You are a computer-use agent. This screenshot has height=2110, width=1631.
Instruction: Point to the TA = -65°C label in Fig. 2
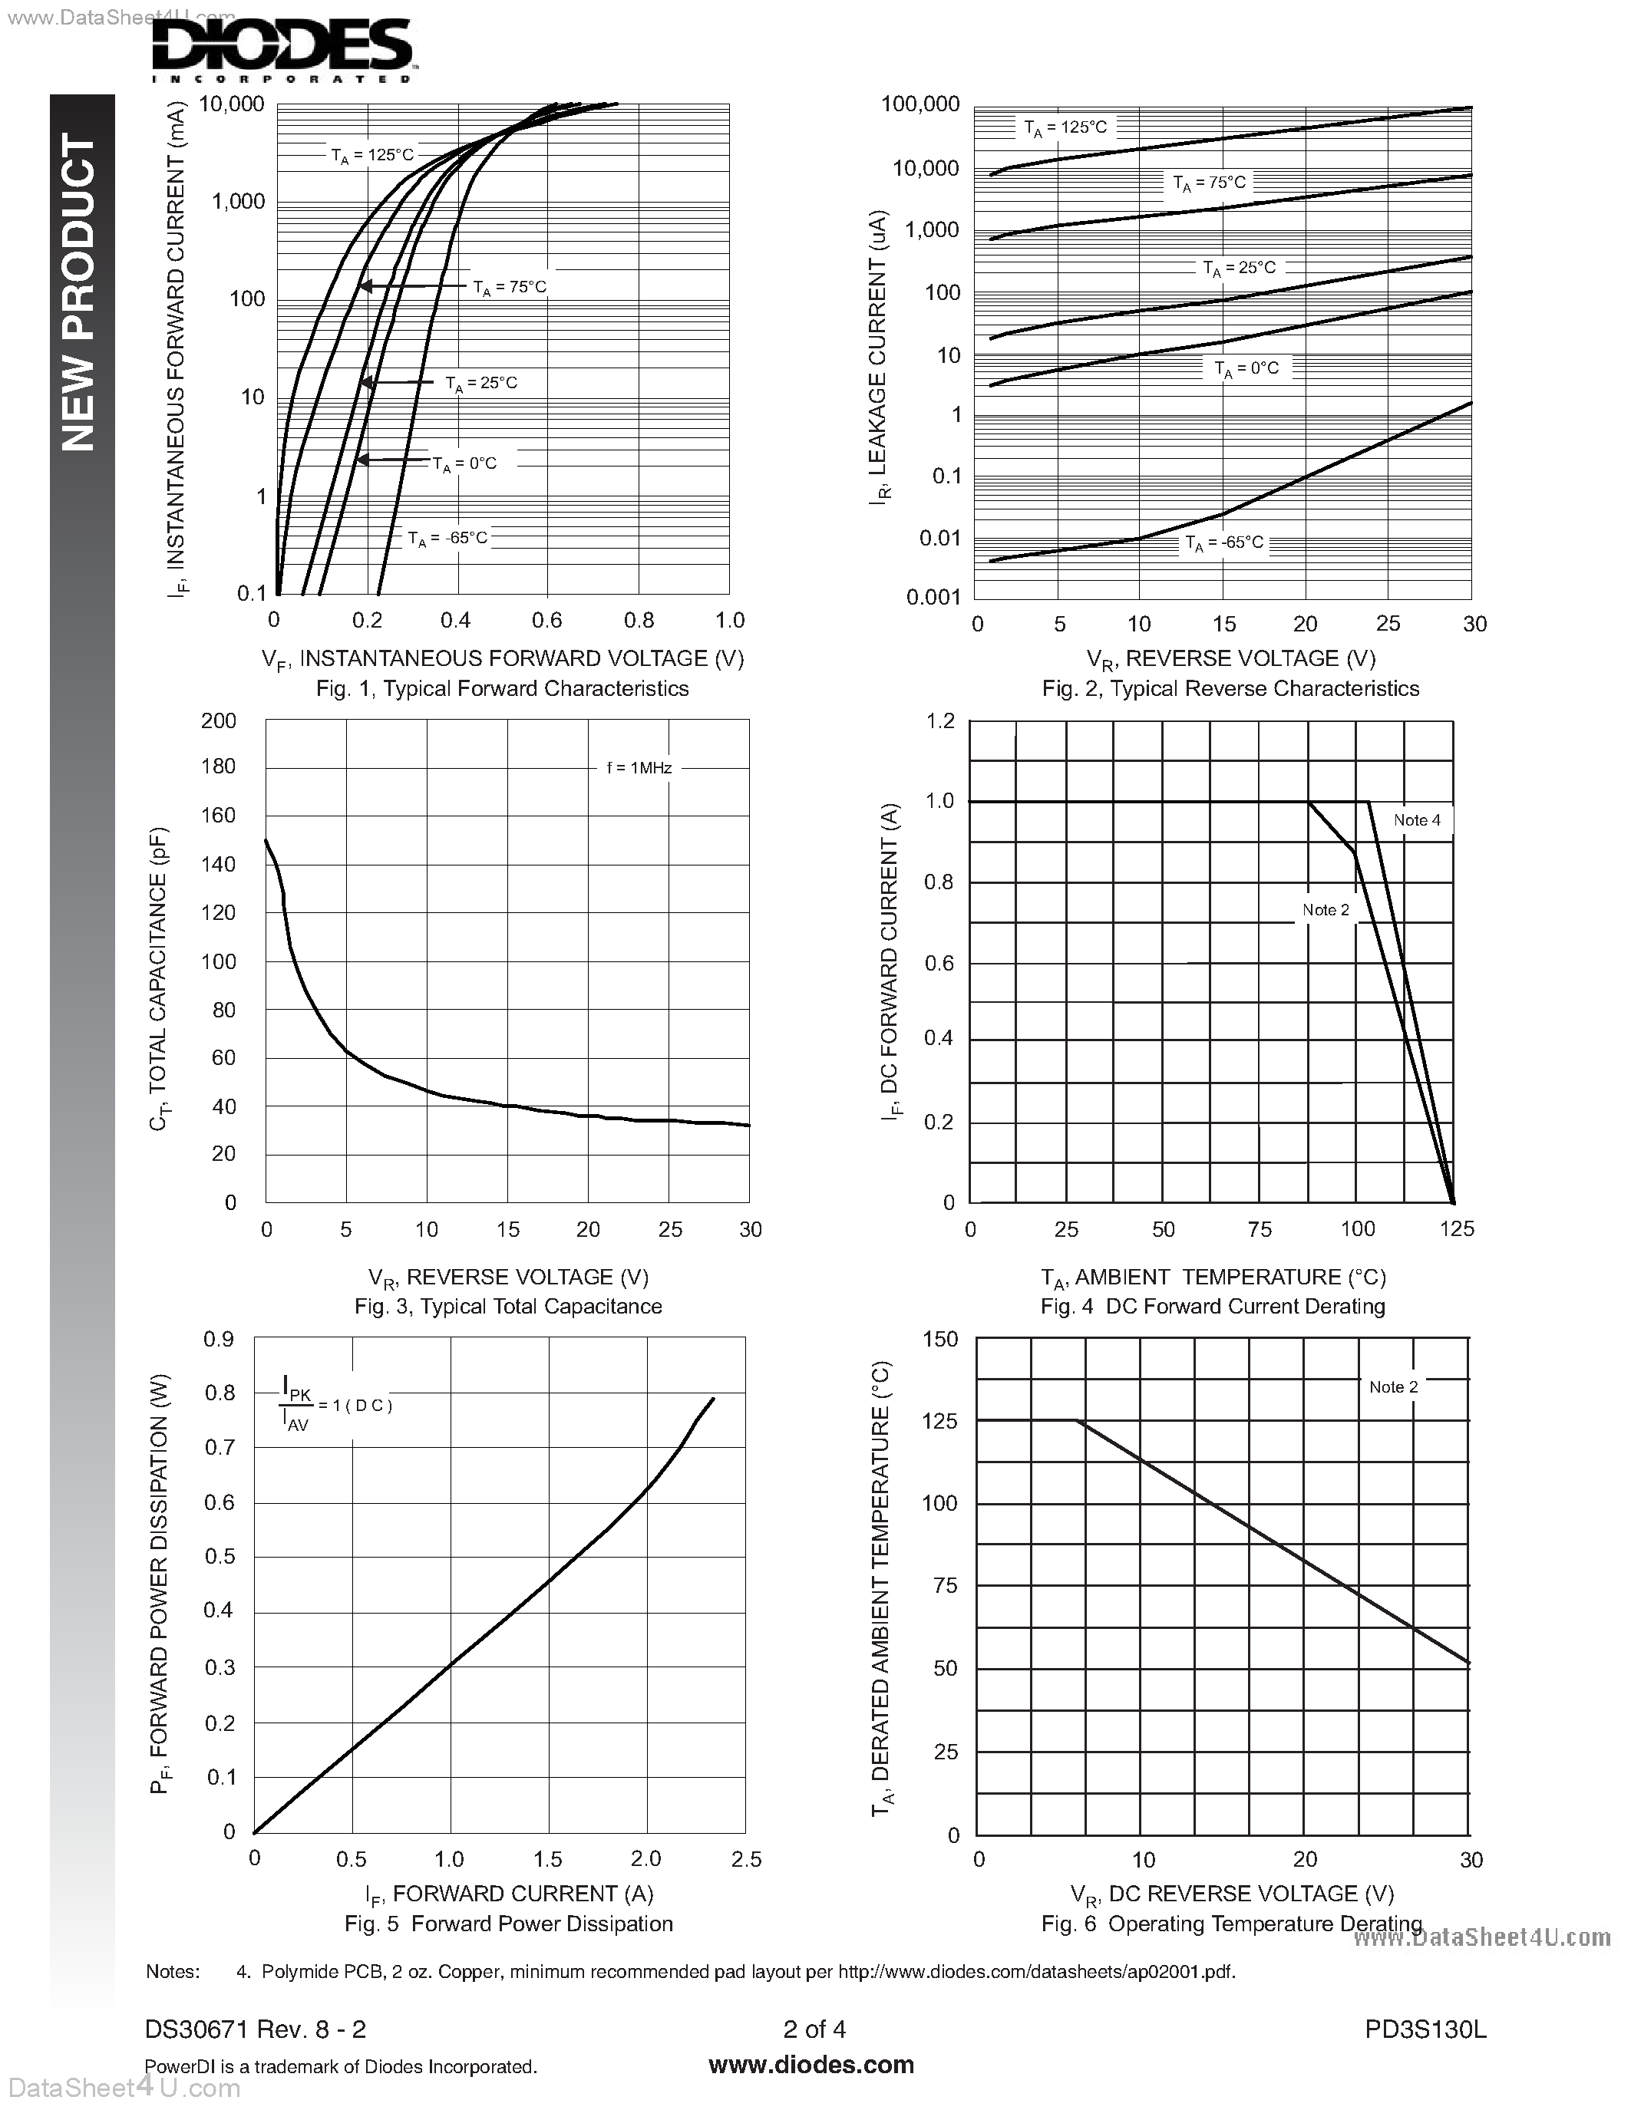tap(1224, 543)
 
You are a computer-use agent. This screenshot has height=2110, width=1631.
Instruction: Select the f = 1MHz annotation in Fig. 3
tap(639, 768)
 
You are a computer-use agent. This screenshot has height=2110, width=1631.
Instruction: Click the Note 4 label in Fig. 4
tap(1417, 820)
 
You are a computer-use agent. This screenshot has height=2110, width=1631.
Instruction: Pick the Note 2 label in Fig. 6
tap(1393, 1387)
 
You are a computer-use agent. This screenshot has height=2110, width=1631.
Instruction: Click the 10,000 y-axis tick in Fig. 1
tap(232, 104)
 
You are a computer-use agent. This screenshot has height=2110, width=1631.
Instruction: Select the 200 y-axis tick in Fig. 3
tap(219, 720)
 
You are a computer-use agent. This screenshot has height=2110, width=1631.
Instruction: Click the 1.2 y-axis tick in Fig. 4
tap(940, 720)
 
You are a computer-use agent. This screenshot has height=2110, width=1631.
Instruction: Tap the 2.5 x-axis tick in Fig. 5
tap(746, 1859)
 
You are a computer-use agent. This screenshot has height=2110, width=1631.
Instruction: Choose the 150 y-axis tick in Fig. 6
tap(940, 1339)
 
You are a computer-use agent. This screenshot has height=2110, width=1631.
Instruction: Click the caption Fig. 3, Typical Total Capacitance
tap(508, 1307)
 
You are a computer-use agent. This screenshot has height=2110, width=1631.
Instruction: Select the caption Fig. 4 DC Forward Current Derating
tap(1213, 1307)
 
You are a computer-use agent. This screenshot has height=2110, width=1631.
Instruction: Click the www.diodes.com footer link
tap(811, 2065)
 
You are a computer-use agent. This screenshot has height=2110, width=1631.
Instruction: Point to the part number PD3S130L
tap(1425, 2029)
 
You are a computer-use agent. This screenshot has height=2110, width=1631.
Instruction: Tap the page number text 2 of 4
tap(814, 2029)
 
